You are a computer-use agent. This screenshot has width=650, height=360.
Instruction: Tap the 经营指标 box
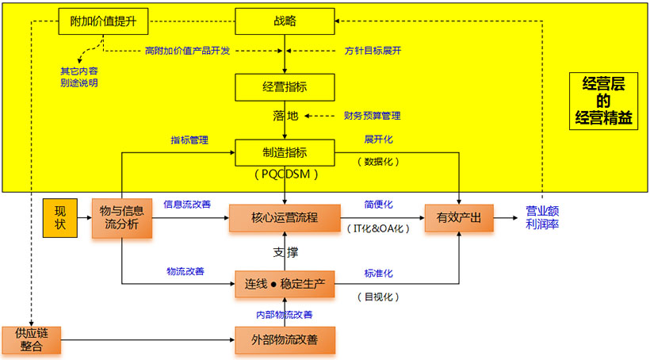click(285, 87)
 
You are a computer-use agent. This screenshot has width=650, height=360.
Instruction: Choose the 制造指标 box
click(285, 152)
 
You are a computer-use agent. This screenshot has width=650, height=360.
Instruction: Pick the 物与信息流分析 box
click(121, 216)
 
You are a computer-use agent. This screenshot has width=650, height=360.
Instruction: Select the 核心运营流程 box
click(285, 217)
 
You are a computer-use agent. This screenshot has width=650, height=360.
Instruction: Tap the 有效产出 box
click(459, 217)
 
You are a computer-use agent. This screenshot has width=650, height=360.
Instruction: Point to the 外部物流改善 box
click(285, 340)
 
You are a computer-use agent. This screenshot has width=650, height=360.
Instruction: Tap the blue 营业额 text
click(543, 211)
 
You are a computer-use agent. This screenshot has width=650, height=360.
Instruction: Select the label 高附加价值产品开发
click(187, 51)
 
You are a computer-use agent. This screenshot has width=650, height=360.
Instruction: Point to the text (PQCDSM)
click(284, 172)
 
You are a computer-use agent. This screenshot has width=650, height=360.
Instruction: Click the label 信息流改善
click(187, 204)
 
